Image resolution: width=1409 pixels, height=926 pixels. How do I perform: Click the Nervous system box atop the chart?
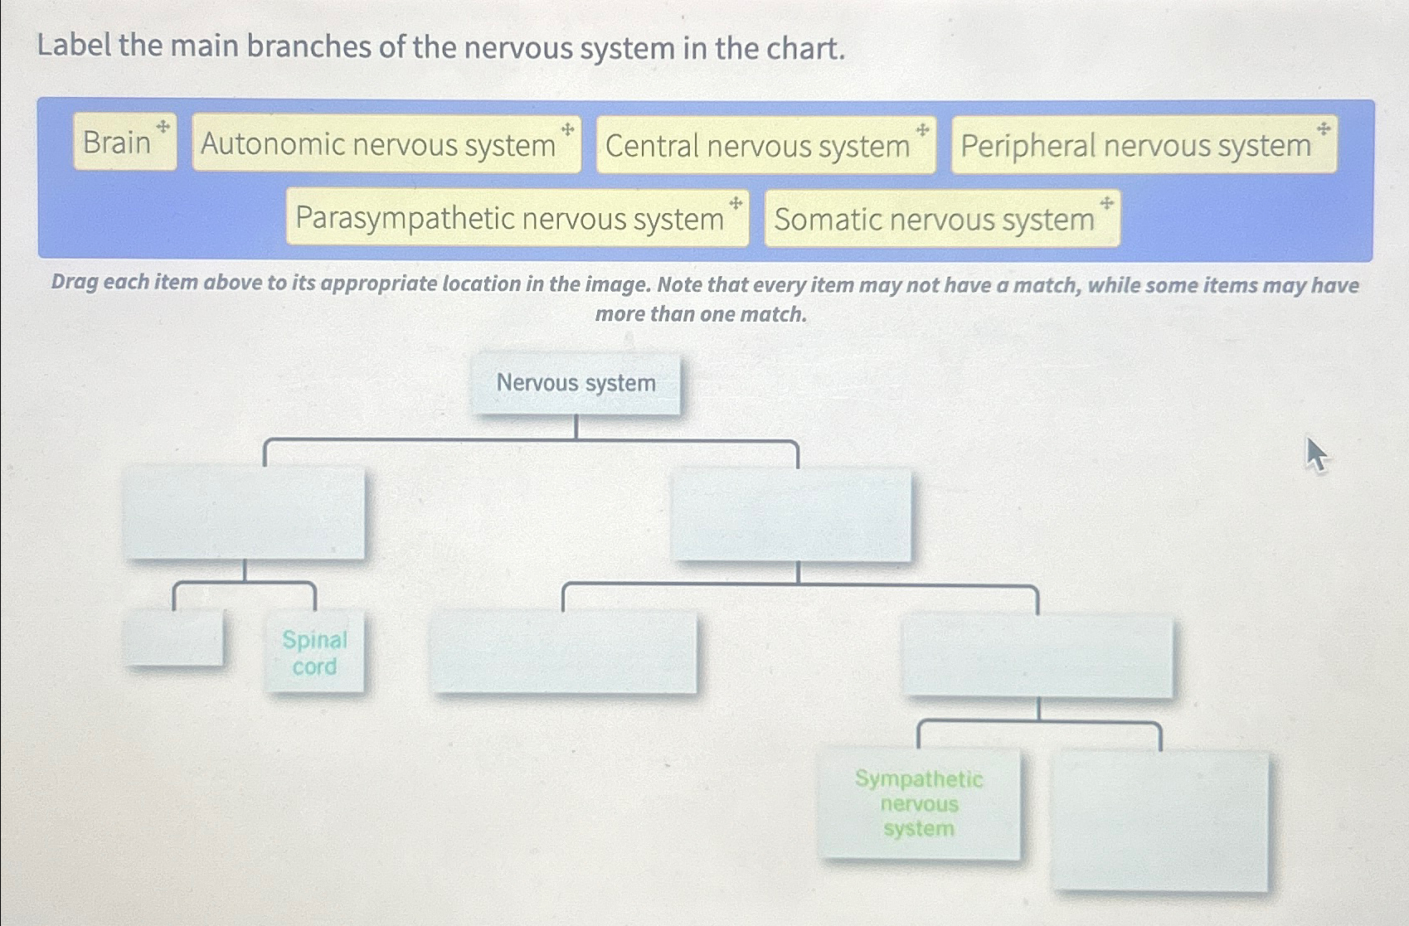tap(576, 383)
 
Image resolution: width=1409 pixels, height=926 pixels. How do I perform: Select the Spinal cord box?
tap(314, 653)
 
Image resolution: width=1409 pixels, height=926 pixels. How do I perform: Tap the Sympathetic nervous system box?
tap(919, 803)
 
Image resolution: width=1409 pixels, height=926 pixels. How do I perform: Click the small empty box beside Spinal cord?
tap(173, 638)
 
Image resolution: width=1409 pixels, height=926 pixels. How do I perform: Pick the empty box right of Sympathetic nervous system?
tap(1159, 820)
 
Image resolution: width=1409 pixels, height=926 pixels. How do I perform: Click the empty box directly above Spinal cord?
tap(244, 512)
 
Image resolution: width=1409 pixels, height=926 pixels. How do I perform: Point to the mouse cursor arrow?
tap(1315, 454)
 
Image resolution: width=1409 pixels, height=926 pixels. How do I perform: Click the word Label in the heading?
tap(75, 46)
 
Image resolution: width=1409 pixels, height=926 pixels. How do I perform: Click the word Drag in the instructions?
tap(75, 282)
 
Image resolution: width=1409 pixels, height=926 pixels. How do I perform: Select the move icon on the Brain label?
tap(163, 126)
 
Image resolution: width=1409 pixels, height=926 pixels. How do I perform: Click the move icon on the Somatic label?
tap(1106, 202)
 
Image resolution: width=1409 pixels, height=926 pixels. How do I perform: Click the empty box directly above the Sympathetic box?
tap(1037, 655)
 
